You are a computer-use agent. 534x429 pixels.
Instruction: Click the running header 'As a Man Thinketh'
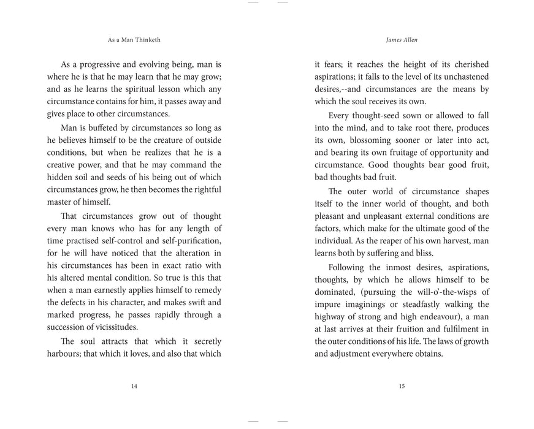point(134,39)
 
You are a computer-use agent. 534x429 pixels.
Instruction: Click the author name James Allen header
point(402,39)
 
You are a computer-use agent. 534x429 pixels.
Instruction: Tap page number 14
point(134,386)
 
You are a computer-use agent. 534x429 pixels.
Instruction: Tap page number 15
point(402,386)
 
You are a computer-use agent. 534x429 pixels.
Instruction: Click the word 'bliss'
point(422,253)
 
